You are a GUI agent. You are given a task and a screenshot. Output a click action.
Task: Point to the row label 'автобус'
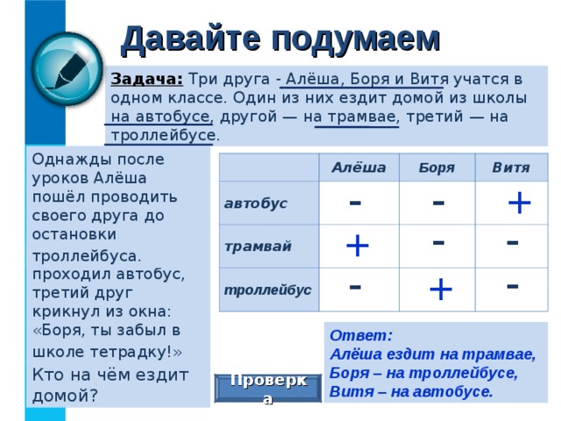coord(255,203)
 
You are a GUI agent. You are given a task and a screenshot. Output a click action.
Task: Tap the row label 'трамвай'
coord(256,246)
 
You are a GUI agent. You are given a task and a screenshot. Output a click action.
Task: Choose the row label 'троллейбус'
coord(266,289)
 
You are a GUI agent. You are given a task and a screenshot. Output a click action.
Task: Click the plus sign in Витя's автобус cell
coord(519,203)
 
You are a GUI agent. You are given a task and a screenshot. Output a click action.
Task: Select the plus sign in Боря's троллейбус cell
coord(440,287)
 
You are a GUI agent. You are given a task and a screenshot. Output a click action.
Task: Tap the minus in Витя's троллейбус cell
coord(513,282)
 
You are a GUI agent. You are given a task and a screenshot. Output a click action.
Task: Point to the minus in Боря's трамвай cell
coord(438,239)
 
